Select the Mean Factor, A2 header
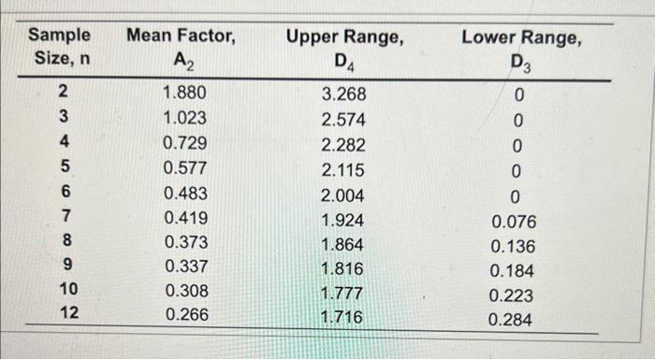pos(181,48)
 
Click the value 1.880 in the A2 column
pos(183,94)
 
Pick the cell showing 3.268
pos(343,94)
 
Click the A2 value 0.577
pos(183,169)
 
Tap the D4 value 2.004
pos(343,195)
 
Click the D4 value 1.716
pos(342,317)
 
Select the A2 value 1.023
pos(183,119)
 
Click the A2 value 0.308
pos(183,291)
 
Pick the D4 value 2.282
pos(343,145)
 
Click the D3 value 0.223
pos(514,296)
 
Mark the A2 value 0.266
pos(183,315)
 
